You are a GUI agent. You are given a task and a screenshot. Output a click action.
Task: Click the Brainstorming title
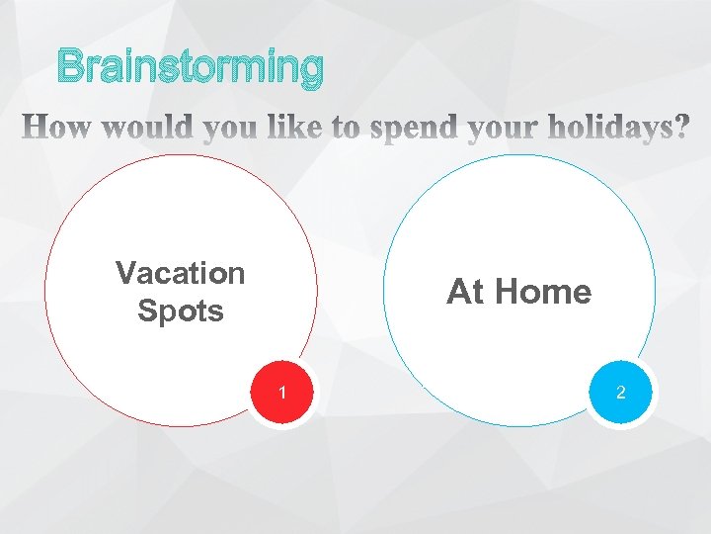(x=190, y=67)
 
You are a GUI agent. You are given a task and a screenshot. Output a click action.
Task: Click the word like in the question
(x=301, y=128)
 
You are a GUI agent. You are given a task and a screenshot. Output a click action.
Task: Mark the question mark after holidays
(x=680, y=128)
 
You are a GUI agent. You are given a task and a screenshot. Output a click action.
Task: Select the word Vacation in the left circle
(x=180, y=272)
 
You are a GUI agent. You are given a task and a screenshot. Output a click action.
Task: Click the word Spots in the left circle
(x=181, y=311)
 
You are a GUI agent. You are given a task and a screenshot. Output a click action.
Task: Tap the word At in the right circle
(x=464, y=292)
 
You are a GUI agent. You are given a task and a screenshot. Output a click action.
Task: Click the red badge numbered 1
(x=282, y=394)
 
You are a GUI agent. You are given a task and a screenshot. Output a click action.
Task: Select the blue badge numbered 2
(x=621, y=394)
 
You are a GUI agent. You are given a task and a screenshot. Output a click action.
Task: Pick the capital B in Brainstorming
(x=71, y=67)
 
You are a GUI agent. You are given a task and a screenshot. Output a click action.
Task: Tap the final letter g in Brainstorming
(x=309, y=70)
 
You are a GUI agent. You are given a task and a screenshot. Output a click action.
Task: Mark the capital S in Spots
(x=148, y=311)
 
